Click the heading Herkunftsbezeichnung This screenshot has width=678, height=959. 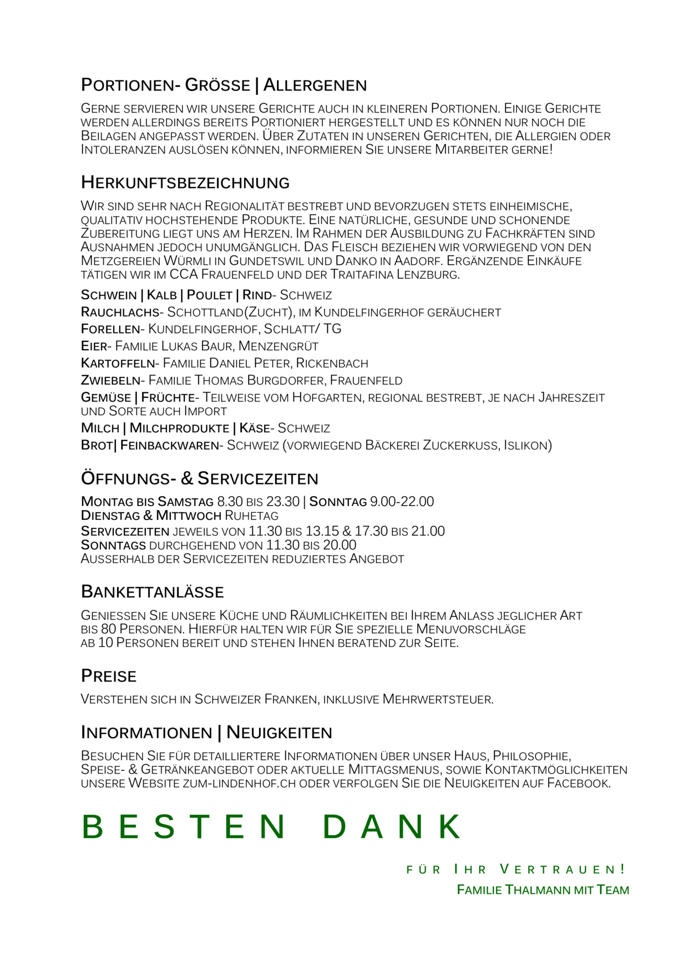coord(185,183)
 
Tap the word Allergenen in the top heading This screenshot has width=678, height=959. coord(315,85)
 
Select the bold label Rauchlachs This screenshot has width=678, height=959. coord(120,312)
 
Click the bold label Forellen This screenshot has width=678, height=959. coord(110,329)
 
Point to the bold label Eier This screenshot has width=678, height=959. coord(94,346)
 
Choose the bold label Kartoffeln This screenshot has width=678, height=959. coord(118,364)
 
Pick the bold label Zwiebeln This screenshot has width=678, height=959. coord(111,381)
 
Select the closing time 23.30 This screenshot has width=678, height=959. coord(283,502)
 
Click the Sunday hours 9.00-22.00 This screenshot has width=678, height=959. coord(402,502)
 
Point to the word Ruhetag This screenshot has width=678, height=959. coord(251,516)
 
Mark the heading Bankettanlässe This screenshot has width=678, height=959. coord(153,592)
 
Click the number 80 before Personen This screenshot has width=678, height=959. coord(108,629)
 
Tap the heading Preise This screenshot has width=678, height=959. coord(109,676)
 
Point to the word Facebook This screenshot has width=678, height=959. coord(578,784)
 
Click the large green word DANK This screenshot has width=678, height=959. coord(392,827)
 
